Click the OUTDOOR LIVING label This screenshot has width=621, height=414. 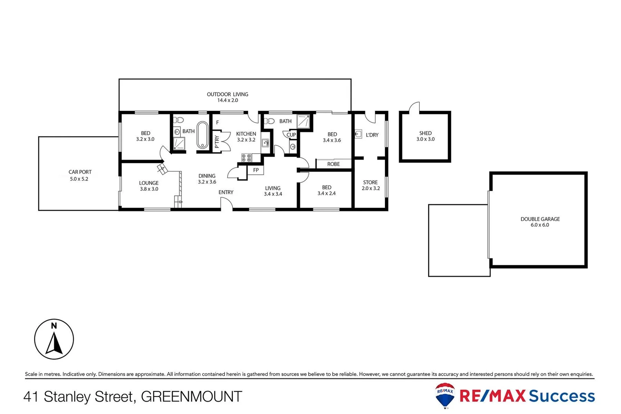tap(227, 94)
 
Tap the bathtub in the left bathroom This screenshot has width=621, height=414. tap(203, 135)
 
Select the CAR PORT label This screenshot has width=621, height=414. tap(80, 172)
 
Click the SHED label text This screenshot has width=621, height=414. tap(425, 133)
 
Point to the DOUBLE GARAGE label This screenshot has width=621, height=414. tap(540, 219)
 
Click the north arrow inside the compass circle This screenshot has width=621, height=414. tap(54, 343)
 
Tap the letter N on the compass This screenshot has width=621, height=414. tap(54, 326)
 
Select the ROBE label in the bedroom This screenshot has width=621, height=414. tap(333, 164)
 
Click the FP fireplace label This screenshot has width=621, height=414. tap(256, 170)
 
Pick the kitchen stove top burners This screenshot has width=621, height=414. tap(246, 157)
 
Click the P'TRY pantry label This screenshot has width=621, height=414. tap(217, 142)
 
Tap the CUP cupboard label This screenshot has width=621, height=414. tap(291, 135)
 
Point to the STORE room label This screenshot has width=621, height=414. tap(370, 182)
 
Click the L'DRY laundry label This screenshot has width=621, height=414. tap(372, 135)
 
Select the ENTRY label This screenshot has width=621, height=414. tap(226, 192)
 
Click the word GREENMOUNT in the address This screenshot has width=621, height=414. tap(192, 396)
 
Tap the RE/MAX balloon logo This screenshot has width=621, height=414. tap(445, 395)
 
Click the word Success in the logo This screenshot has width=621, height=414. tap(562, 396)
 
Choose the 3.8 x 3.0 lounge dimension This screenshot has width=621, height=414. tap(149, 189)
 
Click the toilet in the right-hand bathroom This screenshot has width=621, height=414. tap(270, 121)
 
